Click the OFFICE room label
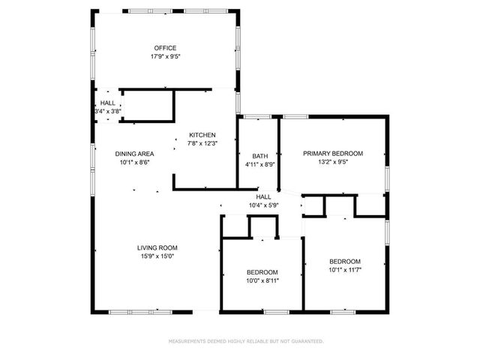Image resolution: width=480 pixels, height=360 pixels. pyautogui.click(x=165, y=48)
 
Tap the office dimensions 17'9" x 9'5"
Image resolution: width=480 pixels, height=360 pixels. pyautogui.click(x=165, y=56)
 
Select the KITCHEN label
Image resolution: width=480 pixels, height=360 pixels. pyautogui.click(x=202, y=135)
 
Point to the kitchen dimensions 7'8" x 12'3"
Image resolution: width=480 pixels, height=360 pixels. pyautogui.click(x=202, y=144)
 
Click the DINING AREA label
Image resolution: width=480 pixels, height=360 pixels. pyautogui.click(x=135, y=154)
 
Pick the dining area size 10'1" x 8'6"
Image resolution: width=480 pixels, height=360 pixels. pyautogui.click(x=135, y=163)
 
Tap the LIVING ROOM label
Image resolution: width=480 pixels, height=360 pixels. pyautogui.click(x=157, y=247)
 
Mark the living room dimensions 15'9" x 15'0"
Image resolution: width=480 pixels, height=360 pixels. pyautogui.click(x=157, y=256)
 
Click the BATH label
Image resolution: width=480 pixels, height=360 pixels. pyautogui.click(x=260, y=156)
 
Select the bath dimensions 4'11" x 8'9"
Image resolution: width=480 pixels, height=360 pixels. pyautogui.click(x=260, y=165)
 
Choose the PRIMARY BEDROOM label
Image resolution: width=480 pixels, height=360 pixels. pyautogui.click(x=332, y=153)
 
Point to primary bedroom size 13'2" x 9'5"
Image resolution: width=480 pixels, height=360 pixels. pyautogui.click(x=332, y=162)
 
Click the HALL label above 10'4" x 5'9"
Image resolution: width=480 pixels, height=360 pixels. pyautogui.click(x=263, y=196)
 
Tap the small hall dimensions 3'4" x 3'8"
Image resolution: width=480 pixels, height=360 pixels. pyautogui.click(x=107, y=111)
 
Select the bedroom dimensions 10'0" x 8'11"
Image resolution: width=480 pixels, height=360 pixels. pyautogui.click(x=262, y=280)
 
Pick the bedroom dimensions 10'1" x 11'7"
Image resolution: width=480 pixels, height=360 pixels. pyautogui.click(x=345, y=270)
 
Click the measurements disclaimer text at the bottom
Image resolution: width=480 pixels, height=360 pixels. pyautogui.click(x=245, y=340)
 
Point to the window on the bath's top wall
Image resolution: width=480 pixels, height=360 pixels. pyautogui.click(x=258, y=116)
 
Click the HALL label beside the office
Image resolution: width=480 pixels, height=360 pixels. pyautogui.click(x=107, y=103)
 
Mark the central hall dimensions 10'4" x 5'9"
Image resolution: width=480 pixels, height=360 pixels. pyautogui.click(x=263, y=205)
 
